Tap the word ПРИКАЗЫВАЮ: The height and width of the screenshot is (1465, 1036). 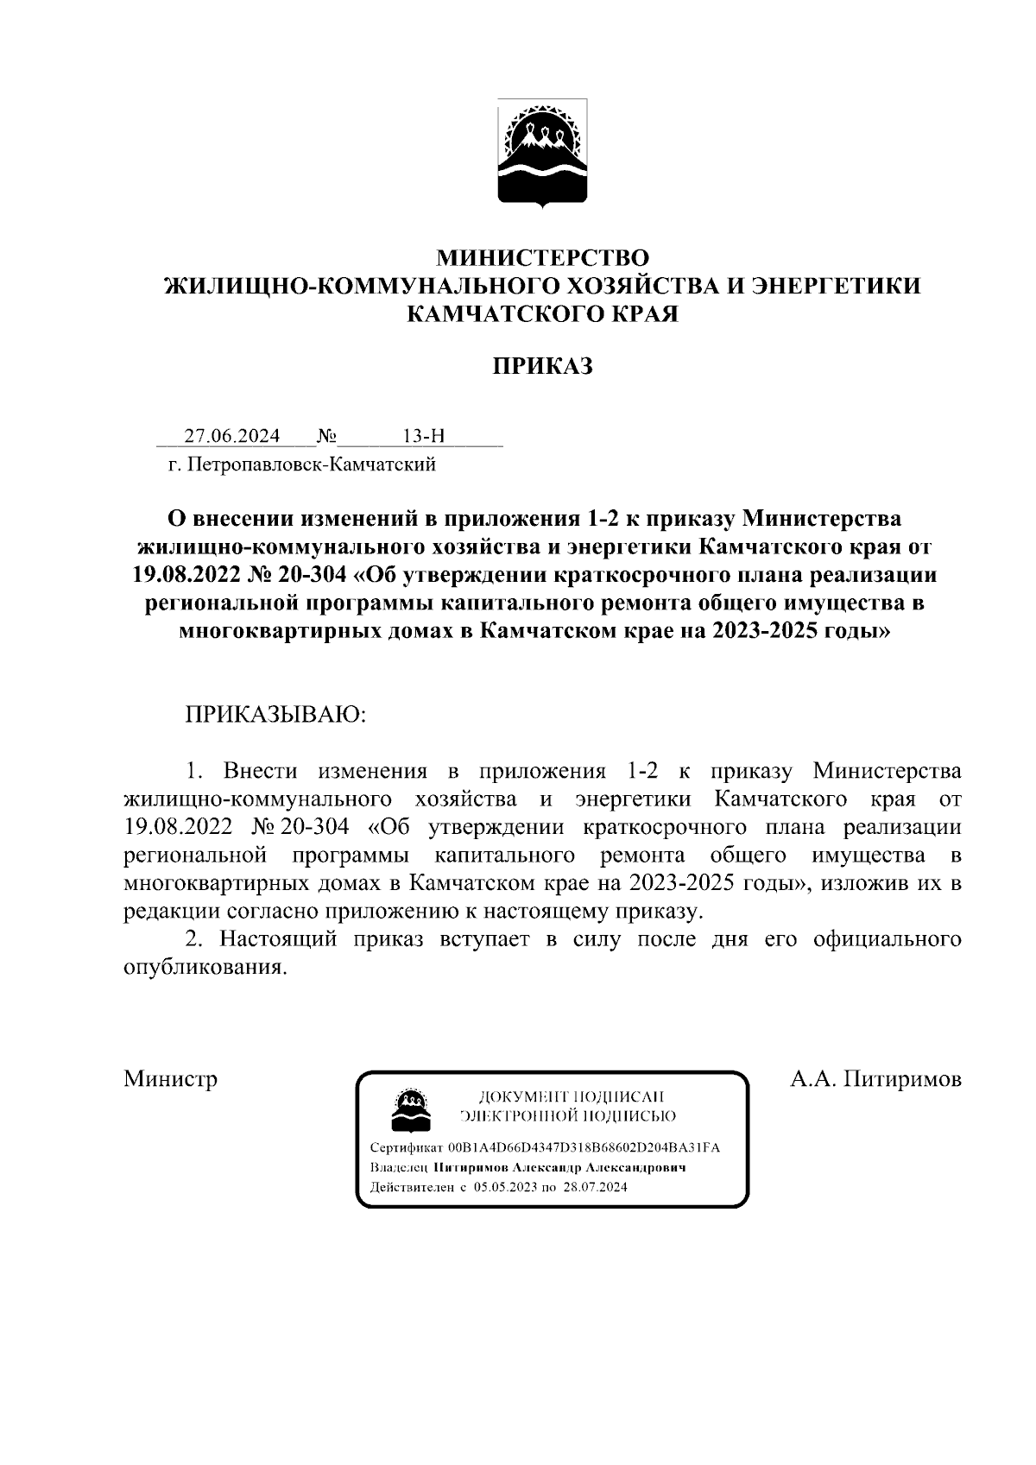click(275, 715)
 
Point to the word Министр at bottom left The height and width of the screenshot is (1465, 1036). click(170, 1079)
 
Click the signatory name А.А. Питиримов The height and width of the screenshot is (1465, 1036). click(875, 1079)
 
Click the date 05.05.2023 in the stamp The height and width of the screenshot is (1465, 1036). click(503, 1187)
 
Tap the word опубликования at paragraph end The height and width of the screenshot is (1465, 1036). click(205, 968)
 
